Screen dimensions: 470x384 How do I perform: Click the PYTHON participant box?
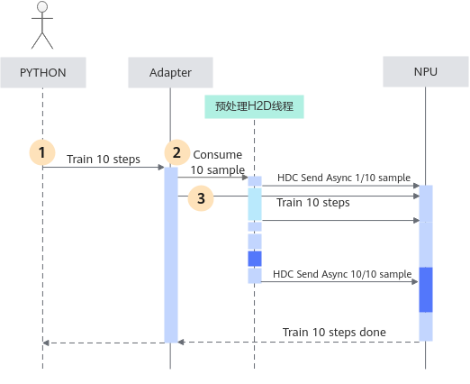coord(43,72)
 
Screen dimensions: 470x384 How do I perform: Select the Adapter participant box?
coord(170,72)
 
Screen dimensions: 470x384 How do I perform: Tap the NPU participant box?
coord(426,71)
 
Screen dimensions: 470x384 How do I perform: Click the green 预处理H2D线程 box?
coord(254,106)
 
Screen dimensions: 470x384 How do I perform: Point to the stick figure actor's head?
coord(42,6)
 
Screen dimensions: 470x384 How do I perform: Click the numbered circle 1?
coord(42,152)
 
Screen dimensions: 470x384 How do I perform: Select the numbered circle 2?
coord(177,152)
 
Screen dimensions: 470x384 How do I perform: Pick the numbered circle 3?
coord(201,198)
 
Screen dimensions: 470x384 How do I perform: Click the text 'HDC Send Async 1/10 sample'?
coord(344,178)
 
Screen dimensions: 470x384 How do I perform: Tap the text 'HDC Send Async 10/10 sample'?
coord(342,274)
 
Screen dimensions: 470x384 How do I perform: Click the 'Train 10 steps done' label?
coord(334,333)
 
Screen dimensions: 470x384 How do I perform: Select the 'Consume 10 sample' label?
coord(218,162)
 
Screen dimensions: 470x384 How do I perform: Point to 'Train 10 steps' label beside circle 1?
coord(104,160)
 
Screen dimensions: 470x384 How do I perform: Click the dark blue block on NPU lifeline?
coord(426,289)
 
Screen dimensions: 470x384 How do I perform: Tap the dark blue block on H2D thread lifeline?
coord(255,259)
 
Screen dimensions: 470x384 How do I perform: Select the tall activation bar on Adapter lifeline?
coord(171,255)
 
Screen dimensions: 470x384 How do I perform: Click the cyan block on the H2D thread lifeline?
coord(255,205)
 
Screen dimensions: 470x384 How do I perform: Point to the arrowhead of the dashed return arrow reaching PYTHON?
coord(46,343)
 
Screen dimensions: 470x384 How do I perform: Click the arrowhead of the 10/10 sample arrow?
coord(415,282)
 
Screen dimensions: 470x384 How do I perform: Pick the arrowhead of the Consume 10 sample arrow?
coord(245,178)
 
